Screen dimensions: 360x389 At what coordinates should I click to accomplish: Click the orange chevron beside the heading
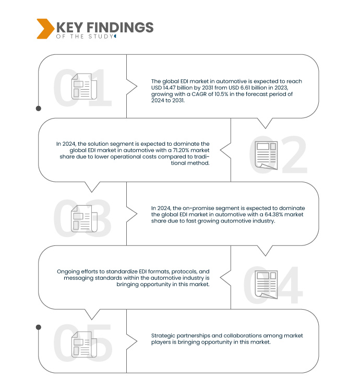click(x=45, y=29)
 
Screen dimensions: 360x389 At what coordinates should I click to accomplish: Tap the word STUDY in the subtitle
click(x=101, y=37)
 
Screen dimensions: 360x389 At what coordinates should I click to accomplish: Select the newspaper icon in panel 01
click(x=84, y=86)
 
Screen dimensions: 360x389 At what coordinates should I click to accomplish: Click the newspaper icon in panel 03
click(x=84, y=219)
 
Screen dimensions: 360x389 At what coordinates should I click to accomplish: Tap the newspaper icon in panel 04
click(x=266, y=285)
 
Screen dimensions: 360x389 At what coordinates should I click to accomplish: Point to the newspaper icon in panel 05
click(x=84, y=344)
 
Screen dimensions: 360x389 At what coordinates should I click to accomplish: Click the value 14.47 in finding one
click(x=169, y=88)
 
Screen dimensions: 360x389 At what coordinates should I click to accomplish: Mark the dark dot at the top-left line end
click(x=39, y=109)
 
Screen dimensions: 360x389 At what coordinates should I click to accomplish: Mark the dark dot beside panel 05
click(x=39, y=327)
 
